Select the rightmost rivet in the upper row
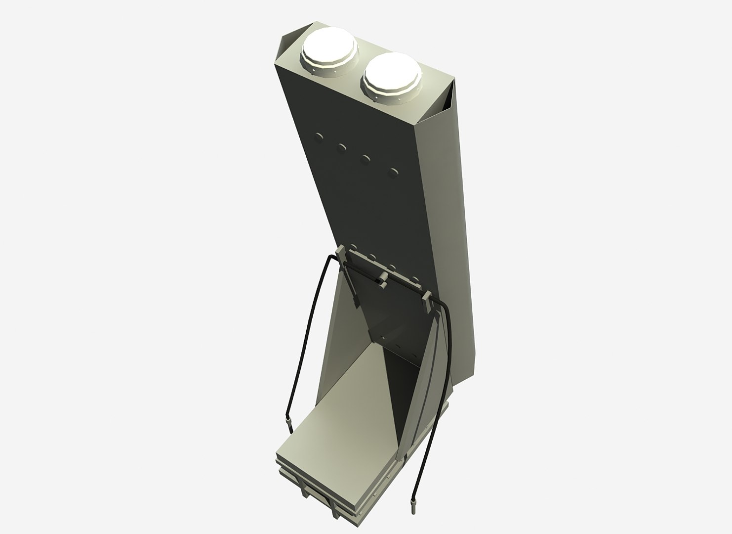393,172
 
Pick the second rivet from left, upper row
341,147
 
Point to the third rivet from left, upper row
366,159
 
